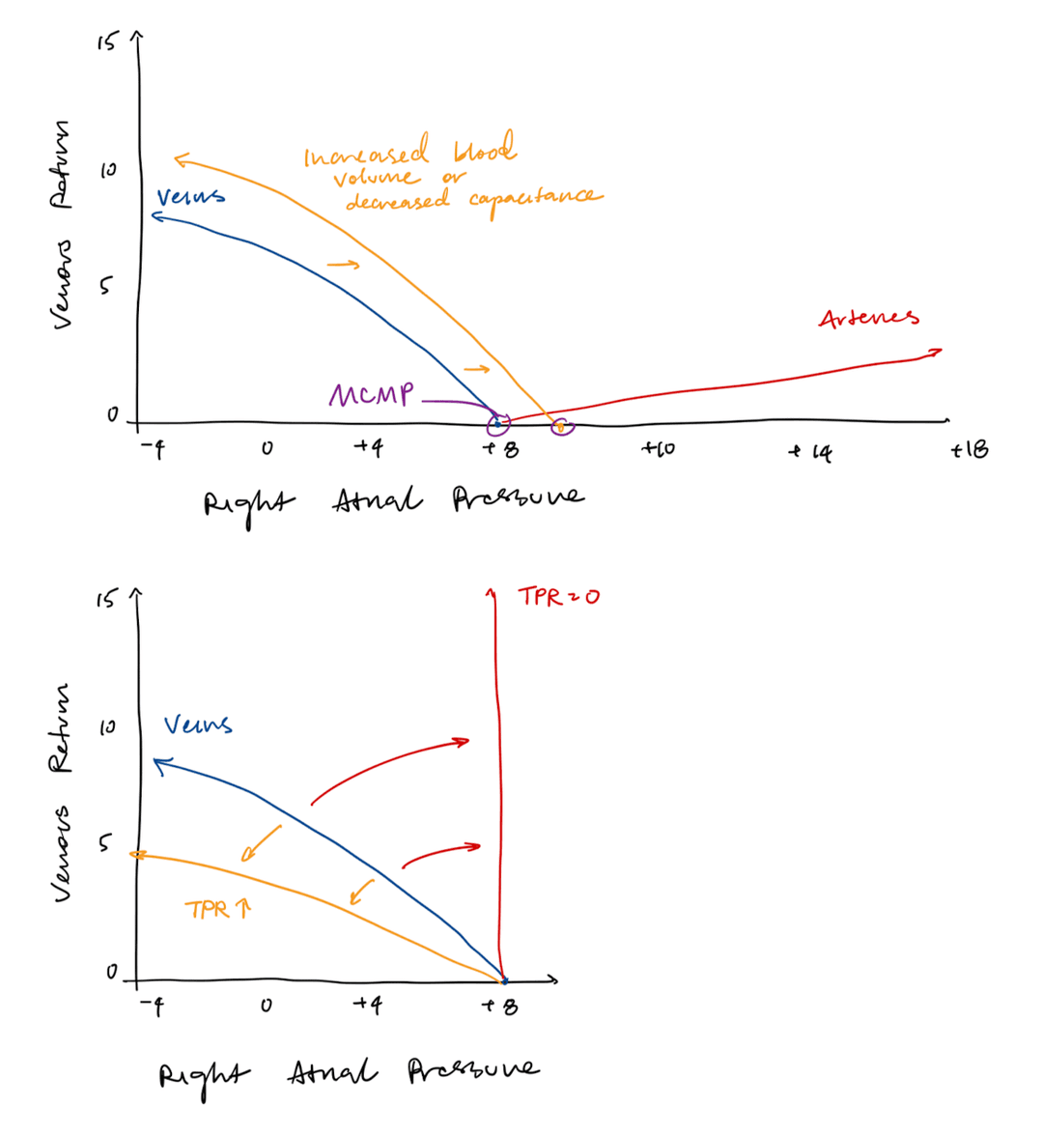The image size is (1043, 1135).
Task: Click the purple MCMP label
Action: coord(371,395)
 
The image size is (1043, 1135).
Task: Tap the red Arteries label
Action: coord(868,318)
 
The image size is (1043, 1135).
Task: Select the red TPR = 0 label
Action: coord(558,596)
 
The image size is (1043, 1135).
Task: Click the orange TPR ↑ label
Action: coord(217,909)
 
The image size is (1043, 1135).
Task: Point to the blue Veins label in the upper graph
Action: coord(190,197)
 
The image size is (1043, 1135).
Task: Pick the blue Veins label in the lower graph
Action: coord(198,724)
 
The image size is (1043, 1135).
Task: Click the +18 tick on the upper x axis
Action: coord(969,449)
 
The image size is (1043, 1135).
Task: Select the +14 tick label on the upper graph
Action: coord(809,451)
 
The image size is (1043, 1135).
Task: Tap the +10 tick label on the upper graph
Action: coord(660,449)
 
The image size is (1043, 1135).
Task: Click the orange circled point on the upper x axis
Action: coord(560,425)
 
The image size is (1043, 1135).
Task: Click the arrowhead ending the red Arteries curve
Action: coord(936,352)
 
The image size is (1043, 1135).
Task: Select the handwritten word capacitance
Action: coord(535,198)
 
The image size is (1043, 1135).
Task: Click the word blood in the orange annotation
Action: coord(484,151)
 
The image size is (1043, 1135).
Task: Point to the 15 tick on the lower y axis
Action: coord(104,600)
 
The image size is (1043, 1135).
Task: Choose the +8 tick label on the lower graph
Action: coord(502,1007)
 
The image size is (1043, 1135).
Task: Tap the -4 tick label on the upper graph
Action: coord(152,448)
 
